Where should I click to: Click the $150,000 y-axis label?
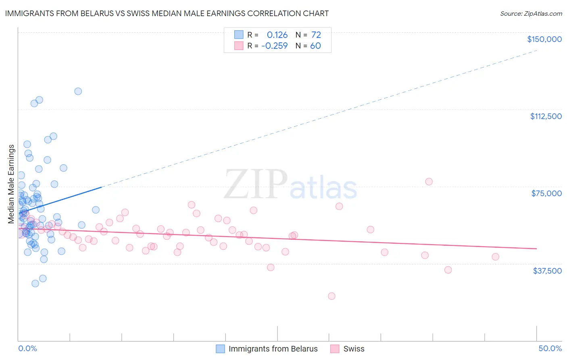[544, 39]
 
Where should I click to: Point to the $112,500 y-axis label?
[546, 116]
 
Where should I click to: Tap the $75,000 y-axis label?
[546, 193]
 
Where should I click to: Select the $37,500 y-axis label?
[547, 271]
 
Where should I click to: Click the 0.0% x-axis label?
[27, 348]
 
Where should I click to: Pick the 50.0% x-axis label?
[550, 348]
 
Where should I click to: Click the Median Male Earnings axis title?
[11, 184]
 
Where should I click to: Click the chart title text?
[167, 13]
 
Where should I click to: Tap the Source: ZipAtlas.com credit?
[531, 13]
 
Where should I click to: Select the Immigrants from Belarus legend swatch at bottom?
[220, 349]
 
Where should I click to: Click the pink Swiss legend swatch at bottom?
[335, 349]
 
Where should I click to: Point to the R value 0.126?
[277, 35]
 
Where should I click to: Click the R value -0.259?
[274, 46]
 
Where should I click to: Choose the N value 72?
[316, 35]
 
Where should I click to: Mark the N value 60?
[315, 46]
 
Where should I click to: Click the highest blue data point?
[78, 91]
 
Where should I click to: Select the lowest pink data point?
[331, 296]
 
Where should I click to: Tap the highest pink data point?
[429, 182]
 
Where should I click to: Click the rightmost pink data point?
[495, 257]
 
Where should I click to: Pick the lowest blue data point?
[35, 283]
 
